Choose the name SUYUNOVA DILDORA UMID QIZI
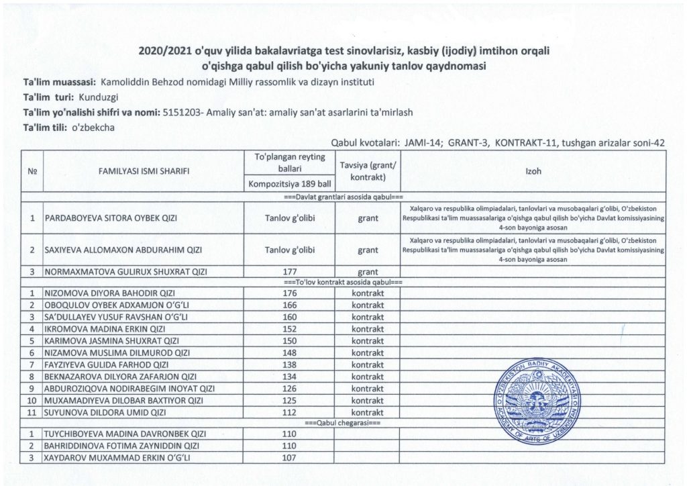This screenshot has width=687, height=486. tap(105, 412)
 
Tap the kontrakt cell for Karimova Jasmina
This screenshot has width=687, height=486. tap(368, 341)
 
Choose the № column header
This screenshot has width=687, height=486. tap(32, 171)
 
